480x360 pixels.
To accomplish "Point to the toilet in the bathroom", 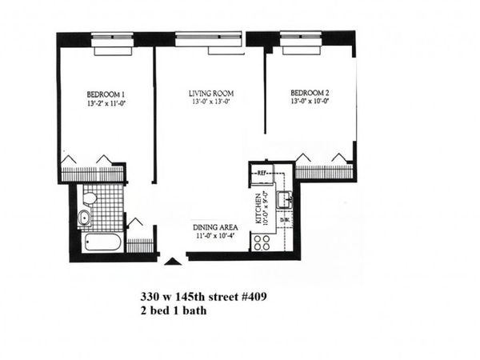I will [x=90, y=197].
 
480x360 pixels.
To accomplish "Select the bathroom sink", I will [x=84, y=218].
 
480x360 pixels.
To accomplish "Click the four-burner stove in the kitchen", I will [x=262, y=242].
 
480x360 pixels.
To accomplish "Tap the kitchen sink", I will [x=283, y=199].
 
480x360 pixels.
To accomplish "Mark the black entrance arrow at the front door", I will [x=170, y=261].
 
